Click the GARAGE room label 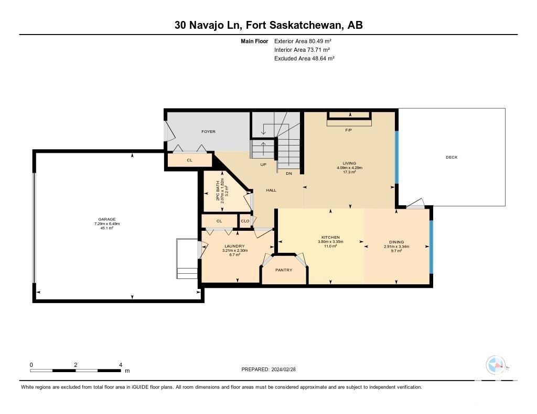[x=107, y=219]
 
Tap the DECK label [x=452, y=157]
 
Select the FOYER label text [x=208, y=131]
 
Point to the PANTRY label [x=284, y=270]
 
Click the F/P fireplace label [x=349, y=130]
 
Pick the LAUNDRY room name [x=234, y=246]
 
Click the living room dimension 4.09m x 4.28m [x=349, y=168]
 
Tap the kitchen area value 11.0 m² [x=330, y=246]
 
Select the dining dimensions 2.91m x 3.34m [x=396, y=246]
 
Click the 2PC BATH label [x=218, y=191]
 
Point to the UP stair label [x=263, y=164]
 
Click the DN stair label [x=289, y=173]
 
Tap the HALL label [x=271, y=190]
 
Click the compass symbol [x=496, y=365]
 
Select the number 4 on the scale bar [x=121, y=365]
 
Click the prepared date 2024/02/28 [x=284, y=369]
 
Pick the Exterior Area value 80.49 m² [x=320, y=41]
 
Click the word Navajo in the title [x=207, y=25]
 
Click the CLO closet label [x=245, y=221]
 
